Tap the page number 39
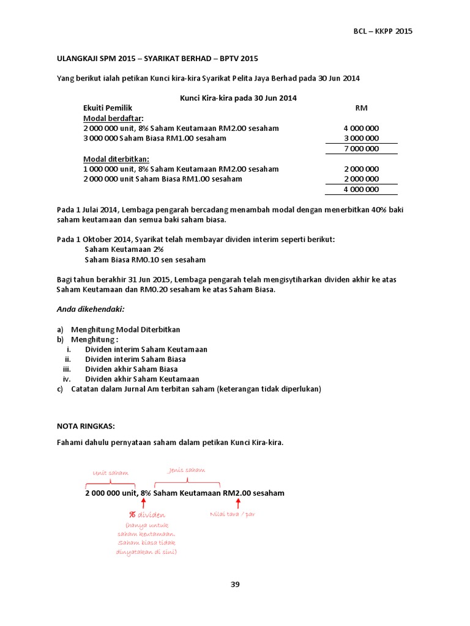(x=235, y=584)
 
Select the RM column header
(x=361, y=108)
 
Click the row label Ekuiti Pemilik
(x=108, y=108)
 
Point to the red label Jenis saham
(x=186, y=469)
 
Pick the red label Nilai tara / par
(x=232, y=514)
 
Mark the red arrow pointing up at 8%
(x=144, y=503)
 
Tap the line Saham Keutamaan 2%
(x=124, y=249)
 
